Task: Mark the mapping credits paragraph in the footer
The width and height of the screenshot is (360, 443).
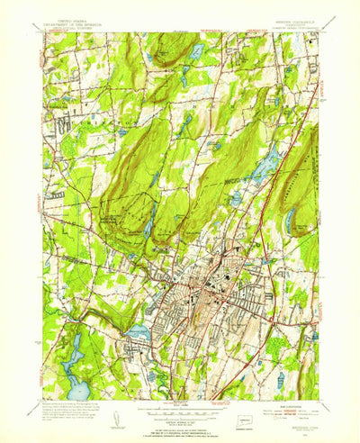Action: pos(67,414)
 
